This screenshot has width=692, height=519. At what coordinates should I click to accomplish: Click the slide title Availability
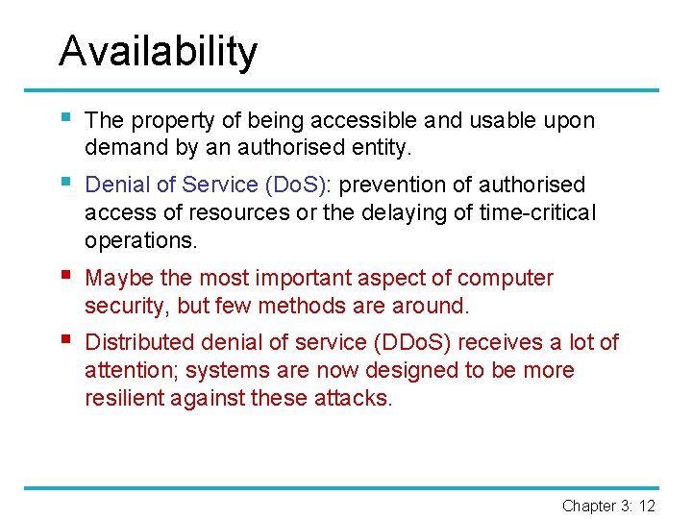(158, 51)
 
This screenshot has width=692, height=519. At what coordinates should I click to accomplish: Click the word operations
(139, 239)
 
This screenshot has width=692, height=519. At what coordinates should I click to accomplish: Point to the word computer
(506, 279)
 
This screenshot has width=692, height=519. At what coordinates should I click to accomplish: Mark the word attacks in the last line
(353, 398)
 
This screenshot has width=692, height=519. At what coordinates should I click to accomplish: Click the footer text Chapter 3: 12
(608, 506)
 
